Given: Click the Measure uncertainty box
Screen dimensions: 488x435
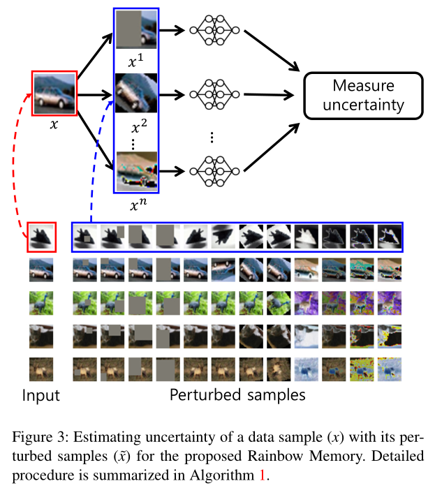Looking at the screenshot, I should pyautogui.click(x=362, y=96).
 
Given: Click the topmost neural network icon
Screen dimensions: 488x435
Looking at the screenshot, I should pyautogui.click(x=214, y=31).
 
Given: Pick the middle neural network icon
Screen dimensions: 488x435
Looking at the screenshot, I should pyautogui.click(x=214, y=94).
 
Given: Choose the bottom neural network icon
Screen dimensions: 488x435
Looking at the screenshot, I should pyautogui.click(x=214, y=170).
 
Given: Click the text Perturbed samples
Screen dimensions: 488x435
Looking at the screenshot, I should pyautogui.click(x=237, y=395).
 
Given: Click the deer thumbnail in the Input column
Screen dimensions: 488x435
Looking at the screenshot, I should pyautogui.click(x=40, y=368).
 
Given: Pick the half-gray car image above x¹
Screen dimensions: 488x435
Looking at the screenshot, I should pyautogui.click(x=136, y=31).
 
